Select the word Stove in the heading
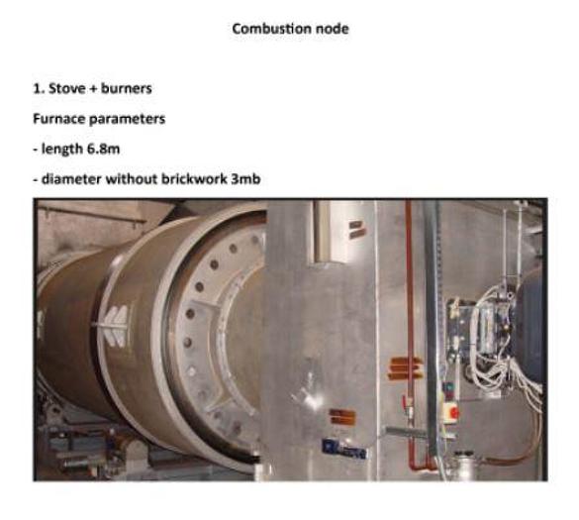click(67, 89)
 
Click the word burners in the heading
click(127, 89)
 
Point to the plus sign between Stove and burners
click(93, 89)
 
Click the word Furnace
click(59, 119)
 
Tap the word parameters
click(127, 120)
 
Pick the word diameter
click(71, 179)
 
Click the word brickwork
click(194, 179)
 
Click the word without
click(132, 179)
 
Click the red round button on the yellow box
click(454, 412)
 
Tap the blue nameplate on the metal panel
click(344, 449)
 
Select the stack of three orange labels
click(405, 368)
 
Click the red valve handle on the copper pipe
click(405, 400)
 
